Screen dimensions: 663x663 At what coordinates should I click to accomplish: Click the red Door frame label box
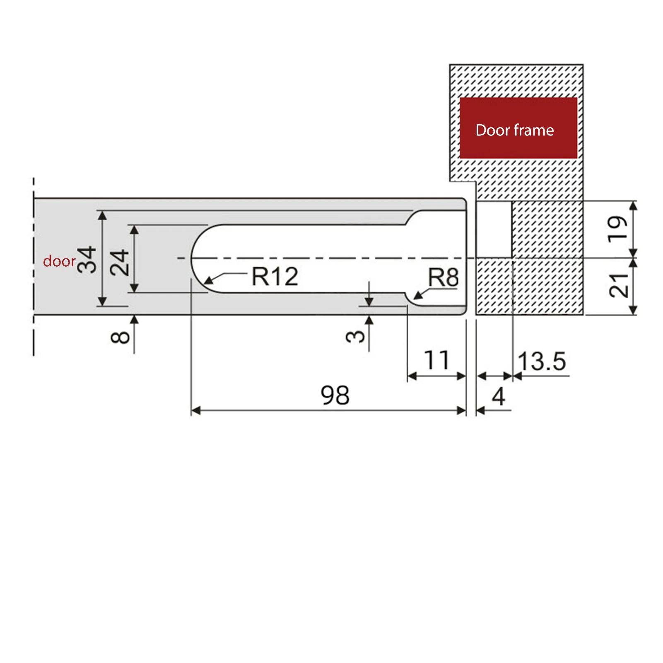(x=518, y=128)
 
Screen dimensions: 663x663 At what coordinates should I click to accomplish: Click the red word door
(x=59, y=261)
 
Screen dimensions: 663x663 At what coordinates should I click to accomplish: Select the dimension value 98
(x=335, y=395)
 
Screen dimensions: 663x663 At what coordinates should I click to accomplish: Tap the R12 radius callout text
(x=275, y=277)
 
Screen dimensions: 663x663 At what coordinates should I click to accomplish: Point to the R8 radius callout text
(x=443, y=277)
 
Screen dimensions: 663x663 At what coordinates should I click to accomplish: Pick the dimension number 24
(x=119, y=262)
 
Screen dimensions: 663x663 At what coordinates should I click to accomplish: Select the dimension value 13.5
(x=542, y=361)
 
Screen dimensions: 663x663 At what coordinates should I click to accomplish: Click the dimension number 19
(x=617, y=227)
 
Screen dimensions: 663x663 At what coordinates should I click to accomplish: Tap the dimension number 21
(x=619, y=285)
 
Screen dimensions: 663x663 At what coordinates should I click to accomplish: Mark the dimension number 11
(x=436, y=360)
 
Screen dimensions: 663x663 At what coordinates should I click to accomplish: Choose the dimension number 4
(x=499, y=396)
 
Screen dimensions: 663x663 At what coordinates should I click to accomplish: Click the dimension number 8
(x=121, y=337)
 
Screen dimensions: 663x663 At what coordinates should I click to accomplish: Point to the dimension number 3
(x=355, y=336)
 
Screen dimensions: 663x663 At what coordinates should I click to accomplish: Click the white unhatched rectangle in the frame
(x=494, y=229)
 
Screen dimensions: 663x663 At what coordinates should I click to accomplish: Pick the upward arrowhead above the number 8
(x=134, y=319)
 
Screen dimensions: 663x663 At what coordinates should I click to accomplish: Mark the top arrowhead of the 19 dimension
(x=633, y=205)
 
